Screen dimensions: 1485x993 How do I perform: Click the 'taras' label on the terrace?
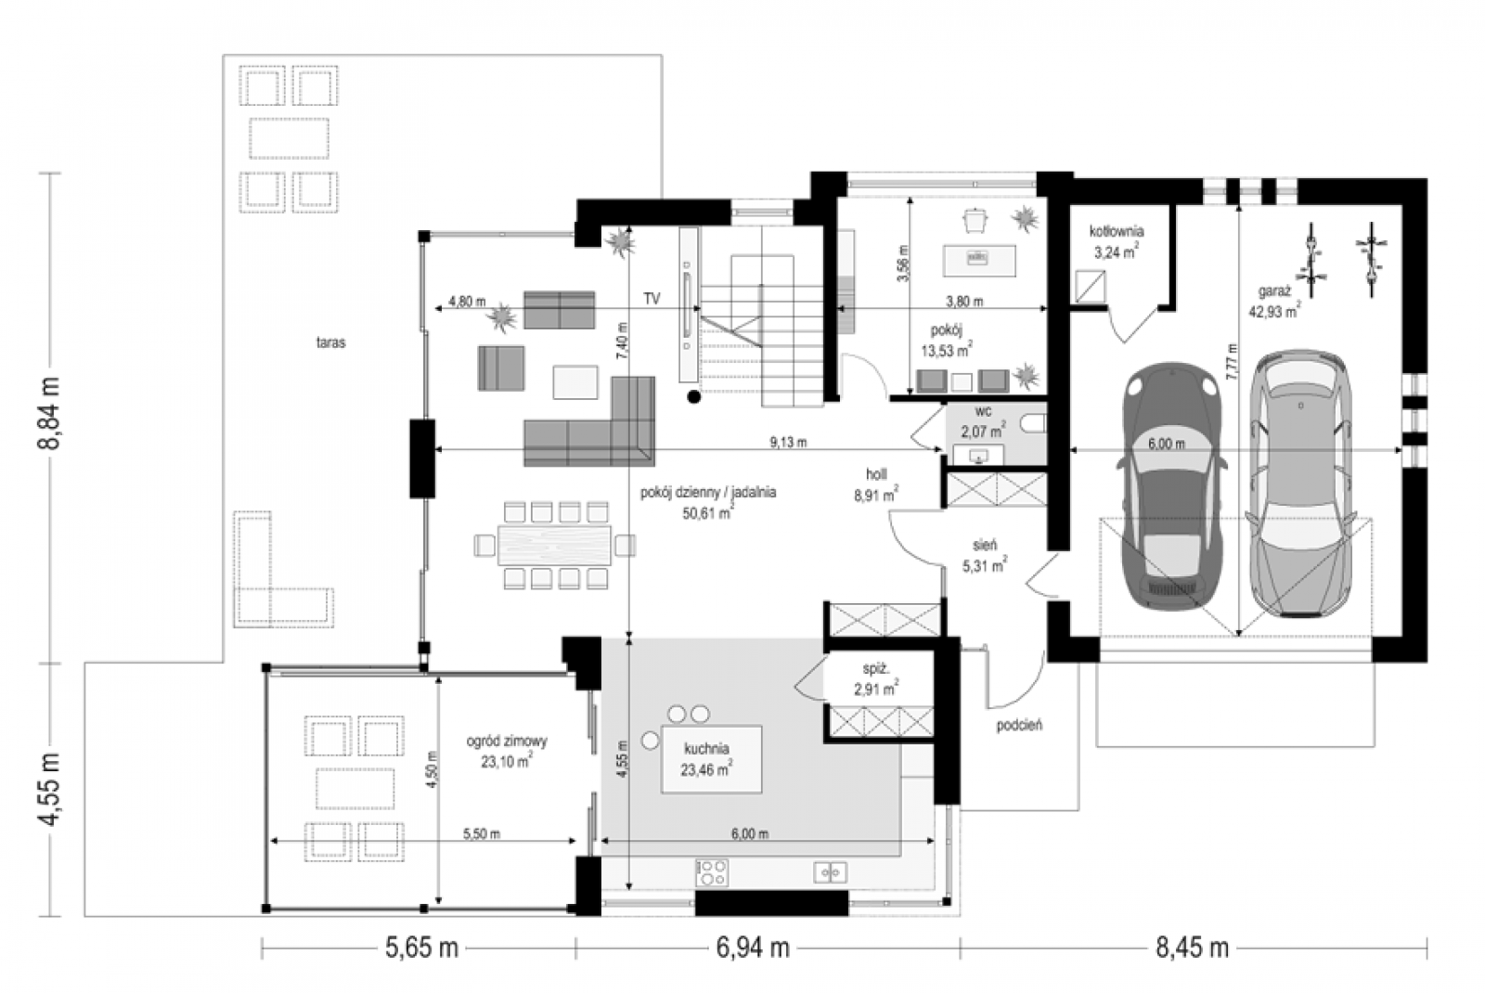(x=330, y=342)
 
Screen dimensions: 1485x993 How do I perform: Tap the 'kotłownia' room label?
(x=1117, y=231)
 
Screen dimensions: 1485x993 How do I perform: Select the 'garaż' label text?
(x=1274, y=291)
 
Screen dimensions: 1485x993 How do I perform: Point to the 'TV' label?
(x=652, y=299)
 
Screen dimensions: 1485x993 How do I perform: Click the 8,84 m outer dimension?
(x=50, y=413)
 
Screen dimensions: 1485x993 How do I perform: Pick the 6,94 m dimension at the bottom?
(x=753, y=948)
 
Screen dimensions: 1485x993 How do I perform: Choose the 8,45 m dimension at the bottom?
(x=1193, y=948)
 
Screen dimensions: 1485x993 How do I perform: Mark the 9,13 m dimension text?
(x=788, y=442)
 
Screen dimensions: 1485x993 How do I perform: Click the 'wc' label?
(x=983, y=412)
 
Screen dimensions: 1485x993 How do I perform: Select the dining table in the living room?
(x=554, y=545)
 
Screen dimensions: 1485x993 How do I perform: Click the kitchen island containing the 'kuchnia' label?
(x=711, y=759)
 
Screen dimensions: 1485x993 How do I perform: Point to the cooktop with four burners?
(x=712, y=872)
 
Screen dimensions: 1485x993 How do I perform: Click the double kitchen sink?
(x=830, y=871)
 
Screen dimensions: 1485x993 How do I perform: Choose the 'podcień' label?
(x=1019, y=725)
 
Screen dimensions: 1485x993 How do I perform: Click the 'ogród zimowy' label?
(x=507, y=742)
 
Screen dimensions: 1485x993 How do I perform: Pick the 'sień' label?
(x=985, y=545)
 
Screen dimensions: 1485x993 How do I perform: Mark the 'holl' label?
(x=876, y=474)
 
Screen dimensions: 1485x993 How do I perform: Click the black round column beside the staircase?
(x=693, y=396)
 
